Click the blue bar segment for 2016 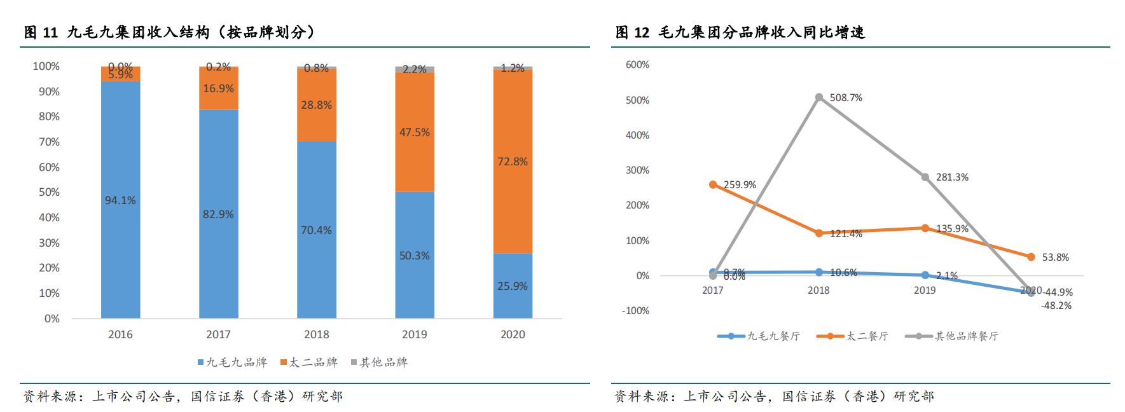coord(120,199)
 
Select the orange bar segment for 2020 coord(513,161)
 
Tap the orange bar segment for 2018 coord(317,104)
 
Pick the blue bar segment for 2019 coord(415,254)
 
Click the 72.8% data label coord(513,161)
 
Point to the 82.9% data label coord(218,214)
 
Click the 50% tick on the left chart coord(49,192)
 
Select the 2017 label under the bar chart coord(218,334)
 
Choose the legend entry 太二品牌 coord(309,362)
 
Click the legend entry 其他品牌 coord(380,362)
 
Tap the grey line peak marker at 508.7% coord(819,97)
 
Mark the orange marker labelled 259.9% coord(713,184)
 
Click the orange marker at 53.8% coord(1032,257)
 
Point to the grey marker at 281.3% coord(925,177)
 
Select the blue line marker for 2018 coord(819,272)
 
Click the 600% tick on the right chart coord(637,65)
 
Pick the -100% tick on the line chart coord(636,311)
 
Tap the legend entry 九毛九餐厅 coord(759,336)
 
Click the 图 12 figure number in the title coord(632,32)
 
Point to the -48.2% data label coord(1056,306)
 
